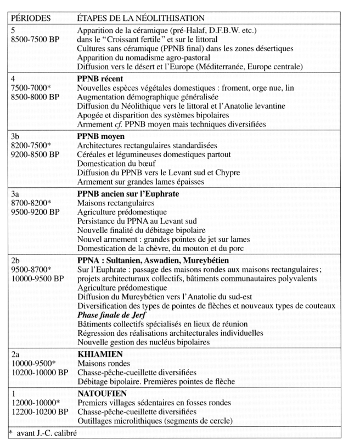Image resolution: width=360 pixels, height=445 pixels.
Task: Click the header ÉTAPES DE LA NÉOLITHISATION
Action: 140,17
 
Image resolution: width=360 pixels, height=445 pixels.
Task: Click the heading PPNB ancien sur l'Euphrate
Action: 130,193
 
